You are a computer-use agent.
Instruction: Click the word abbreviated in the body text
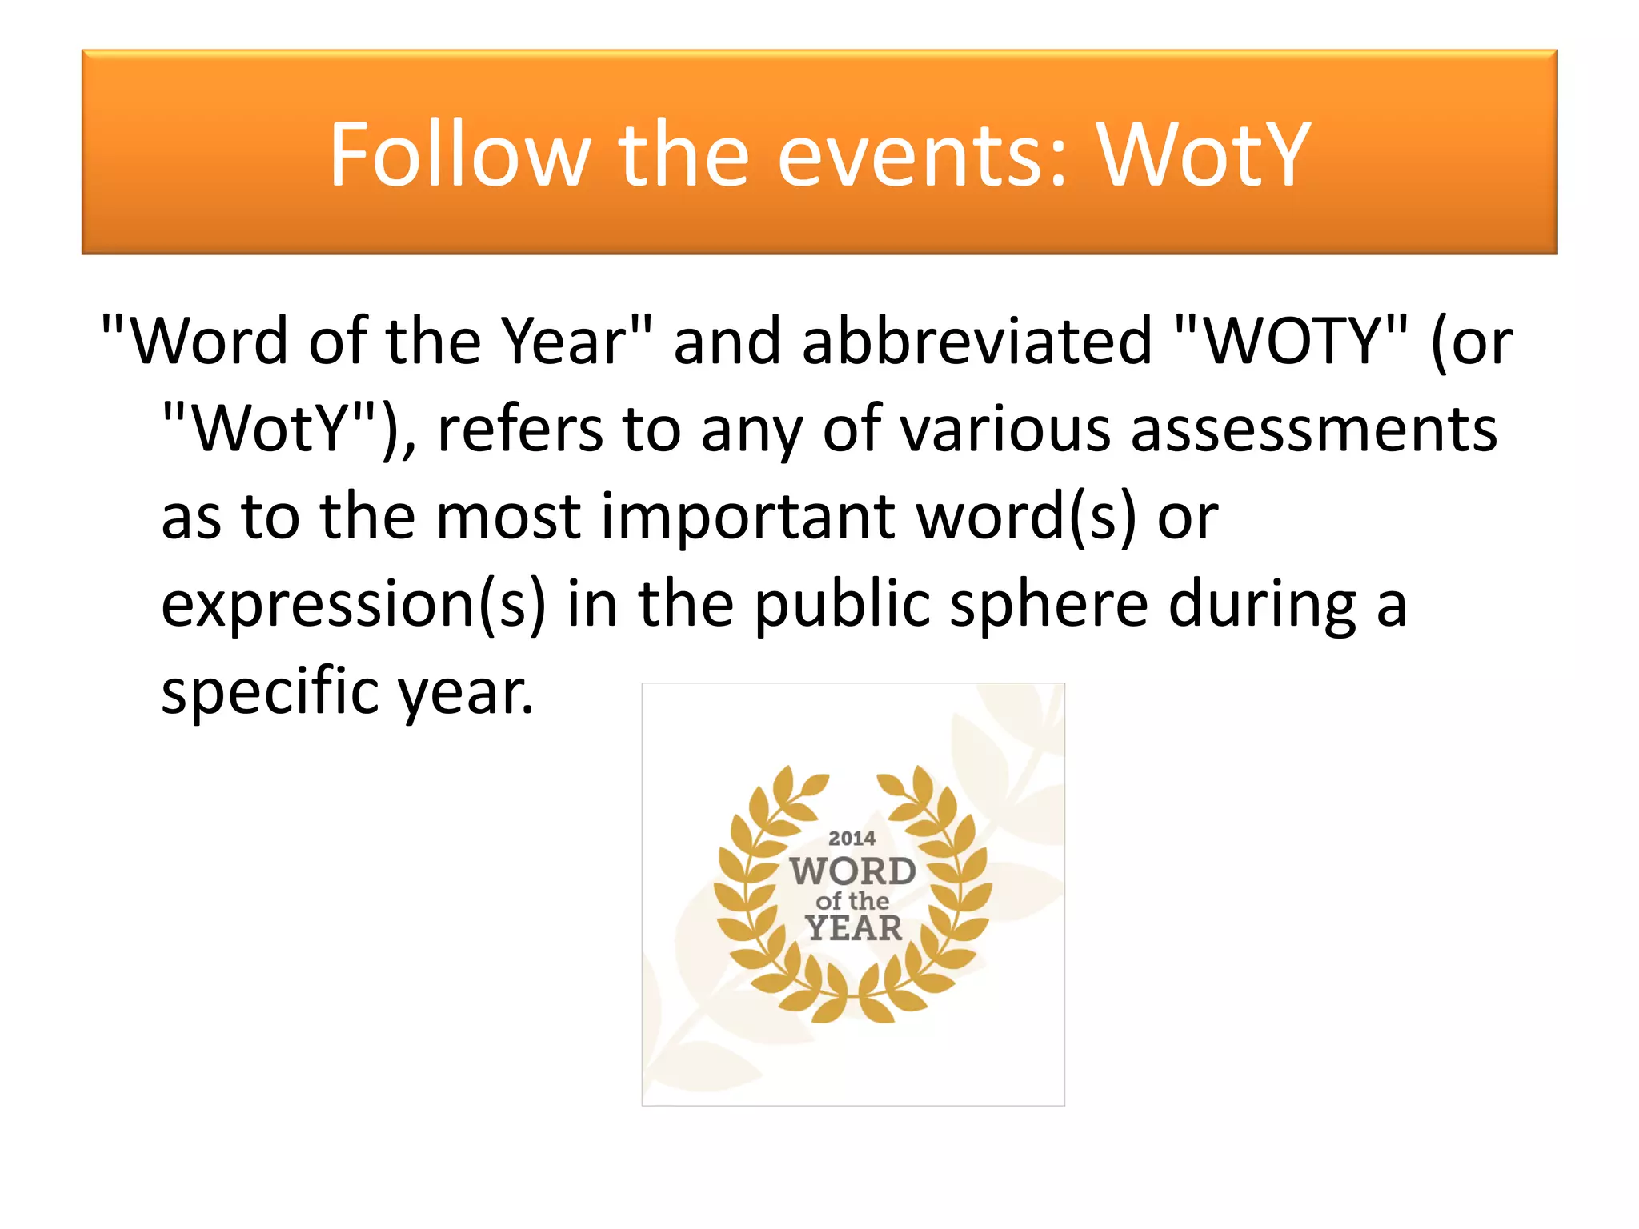pos(977,341)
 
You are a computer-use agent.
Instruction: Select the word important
pos(748,517)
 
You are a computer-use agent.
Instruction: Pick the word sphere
pos(1049,605)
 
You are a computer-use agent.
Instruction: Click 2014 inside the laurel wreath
pos(852,838)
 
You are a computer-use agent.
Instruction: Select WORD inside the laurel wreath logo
pos(853,871)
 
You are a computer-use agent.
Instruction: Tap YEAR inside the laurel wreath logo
pos(853,928)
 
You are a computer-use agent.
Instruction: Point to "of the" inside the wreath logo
pos(853,901)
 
